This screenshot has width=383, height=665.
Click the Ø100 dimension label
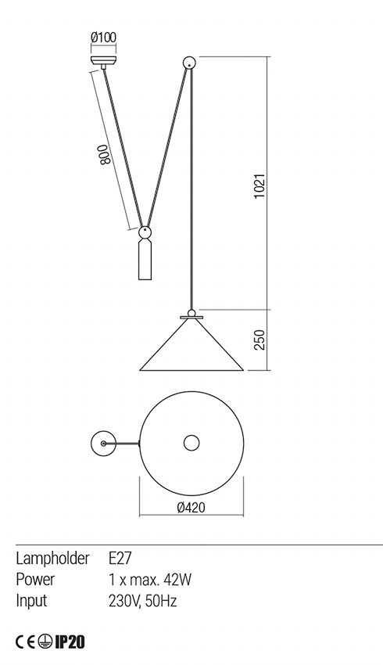(x=103, y=37)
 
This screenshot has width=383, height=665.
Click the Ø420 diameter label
(x=191, y=507)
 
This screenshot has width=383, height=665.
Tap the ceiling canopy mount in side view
(x=103, y=61)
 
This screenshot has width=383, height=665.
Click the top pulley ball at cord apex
(x=188, y=63)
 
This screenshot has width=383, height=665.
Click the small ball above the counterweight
(x=145, y=232)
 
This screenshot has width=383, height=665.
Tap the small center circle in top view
(x=191, y=443)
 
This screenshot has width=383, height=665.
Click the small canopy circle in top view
(x=102, y=443)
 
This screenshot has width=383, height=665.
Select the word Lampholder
(x=48, y=560)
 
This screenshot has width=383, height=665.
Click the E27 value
(x=120, y=560)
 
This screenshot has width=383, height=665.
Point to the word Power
(x=35, y=581)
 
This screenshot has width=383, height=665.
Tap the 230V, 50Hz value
(x=145, y=601)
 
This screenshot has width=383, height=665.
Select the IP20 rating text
(x=70, y=642)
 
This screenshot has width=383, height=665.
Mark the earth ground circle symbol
(x=45, y=642)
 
